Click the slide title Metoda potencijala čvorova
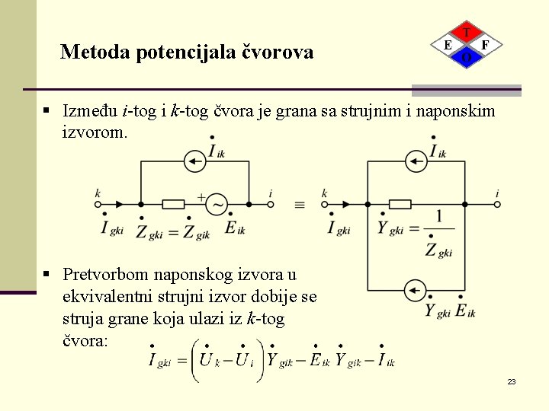tap(187, 52)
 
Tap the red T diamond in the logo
tap(466, 33)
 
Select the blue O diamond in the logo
tap(466, 58)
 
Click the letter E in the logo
tap(448, 46)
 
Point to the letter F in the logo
tap(486, 46)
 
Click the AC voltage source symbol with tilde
tap(217, 204)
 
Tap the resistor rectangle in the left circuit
tap(174, 204)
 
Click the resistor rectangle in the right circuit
tap(400, 204)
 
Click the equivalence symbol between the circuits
tap(299, 205)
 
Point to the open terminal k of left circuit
tap(98, 204)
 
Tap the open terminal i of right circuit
tap(497, 204)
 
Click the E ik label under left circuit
tap(235, 228)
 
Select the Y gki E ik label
tap(450, 311)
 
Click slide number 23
tap(512, 381)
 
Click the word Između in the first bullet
tap(91, 111)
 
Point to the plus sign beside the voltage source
tap(201, 196)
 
